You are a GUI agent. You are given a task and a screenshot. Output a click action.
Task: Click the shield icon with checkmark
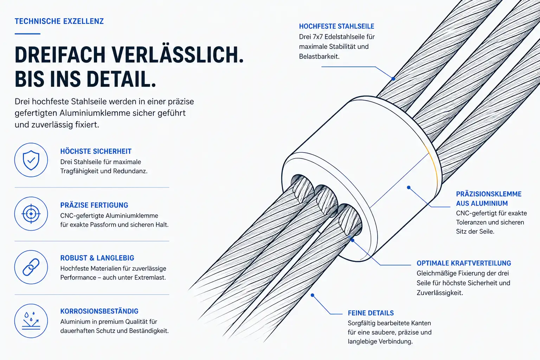[31, 160]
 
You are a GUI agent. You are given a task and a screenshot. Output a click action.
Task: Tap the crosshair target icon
[31, 214]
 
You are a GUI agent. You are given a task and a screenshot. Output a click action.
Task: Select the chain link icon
[31, 267]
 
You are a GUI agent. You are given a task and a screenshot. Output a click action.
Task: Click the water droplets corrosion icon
[31, 321]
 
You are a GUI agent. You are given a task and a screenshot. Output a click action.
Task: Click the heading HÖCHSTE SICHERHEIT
[96, 152]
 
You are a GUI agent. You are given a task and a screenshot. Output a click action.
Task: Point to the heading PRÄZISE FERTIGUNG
[94, 205]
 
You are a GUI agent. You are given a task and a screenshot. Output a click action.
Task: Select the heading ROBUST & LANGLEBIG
[97, 258]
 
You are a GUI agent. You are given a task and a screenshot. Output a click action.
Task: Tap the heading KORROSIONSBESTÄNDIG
[99, 311]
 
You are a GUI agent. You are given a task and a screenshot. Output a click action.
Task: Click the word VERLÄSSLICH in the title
[178, 54]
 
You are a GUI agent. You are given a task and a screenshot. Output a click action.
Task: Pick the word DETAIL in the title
[121, 79]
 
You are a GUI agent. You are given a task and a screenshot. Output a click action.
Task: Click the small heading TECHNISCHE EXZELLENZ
[59, 21]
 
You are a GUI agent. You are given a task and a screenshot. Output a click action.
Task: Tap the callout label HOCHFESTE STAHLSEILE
[336, 26]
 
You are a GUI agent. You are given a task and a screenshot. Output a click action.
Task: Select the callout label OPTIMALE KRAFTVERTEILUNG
[464, 263]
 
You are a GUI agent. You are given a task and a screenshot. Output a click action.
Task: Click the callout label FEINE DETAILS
[371, 313]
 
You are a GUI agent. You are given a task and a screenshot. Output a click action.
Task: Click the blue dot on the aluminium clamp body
[409, 187]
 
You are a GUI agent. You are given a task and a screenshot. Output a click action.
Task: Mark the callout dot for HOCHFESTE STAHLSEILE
[393, 79]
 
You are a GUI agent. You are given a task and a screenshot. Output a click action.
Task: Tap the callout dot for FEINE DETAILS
[313, 295]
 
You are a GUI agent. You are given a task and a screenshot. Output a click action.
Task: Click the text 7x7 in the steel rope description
[318, 37]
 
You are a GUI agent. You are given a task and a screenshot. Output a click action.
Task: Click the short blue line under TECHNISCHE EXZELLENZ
[27, 34]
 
